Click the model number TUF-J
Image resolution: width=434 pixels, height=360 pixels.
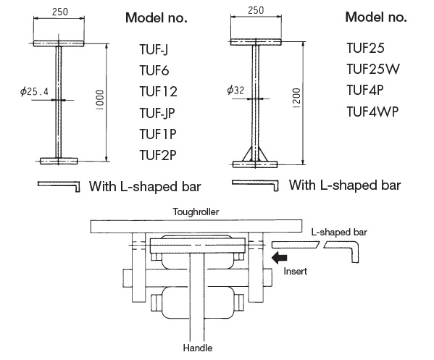(x=154, y=50)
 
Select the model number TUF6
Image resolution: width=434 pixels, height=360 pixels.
(x=154, y=70)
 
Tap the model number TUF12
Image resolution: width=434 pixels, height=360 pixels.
(x=158, y=91)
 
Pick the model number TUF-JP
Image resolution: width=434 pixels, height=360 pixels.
(x=157, y=113)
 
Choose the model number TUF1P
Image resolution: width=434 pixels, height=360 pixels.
(x=158, y=134)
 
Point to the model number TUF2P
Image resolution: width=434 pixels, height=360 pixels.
(x=158, y=155)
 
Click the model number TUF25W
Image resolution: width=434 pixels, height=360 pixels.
(x=373, y=70)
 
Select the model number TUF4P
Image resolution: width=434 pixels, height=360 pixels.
(x=365, y=91)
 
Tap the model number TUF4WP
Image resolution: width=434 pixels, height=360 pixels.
(x=372, y=112)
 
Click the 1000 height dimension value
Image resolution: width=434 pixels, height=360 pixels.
(x=100, y=100)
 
